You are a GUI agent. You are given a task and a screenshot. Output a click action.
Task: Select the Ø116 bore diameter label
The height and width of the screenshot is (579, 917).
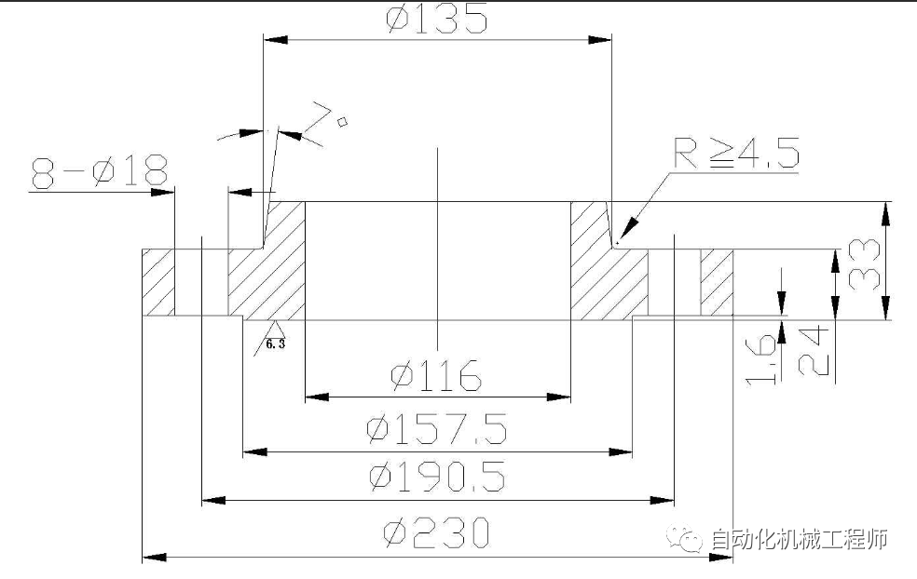(436, 375)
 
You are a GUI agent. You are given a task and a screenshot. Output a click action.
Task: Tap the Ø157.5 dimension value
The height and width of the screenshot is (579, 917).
(436, 429)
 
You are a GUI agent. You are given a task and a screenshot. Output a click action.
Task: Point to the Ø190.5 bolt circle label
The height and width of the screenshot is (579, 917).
(437, 477)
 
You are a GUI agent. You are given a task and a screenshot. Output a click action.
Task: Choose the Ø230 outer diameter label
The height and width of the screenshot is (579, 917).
(436, 532)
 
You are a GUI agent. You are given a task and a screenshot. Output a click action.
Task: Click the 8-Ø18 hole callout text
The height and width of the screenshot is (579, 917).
(100, 172)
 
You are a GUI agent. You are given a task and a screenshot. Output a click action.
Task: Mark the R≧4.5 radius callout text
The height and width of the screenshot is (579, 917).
(736, 153)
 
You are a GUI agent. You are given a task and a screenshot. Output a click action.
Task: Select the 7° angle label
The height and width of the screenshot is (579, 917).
(328, 122)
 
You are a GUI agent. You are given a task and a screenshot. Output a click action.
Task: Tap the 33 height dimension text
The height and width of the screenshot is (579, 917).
(864, 264)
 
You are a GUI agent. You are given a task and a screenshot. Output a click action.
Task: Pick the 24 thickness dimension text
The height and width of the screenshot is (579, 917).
(814, 351)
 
